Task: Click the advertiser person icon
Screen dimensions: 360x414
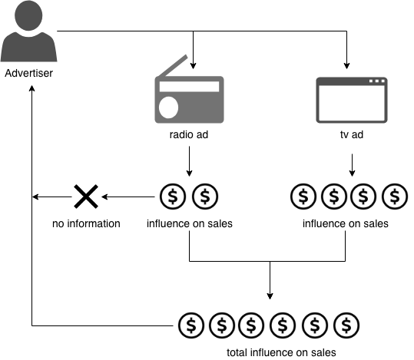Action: click(x=30, y=35)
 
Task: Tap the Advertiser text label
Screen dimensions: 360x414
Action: click(x=30, y=74)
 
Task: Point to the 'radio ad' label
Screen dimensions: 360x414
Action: click(x=189, y=136)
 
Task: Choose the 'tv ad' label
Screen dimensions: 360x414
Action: click(x=351, y=136)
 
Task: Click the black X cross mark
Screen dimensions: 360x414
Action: click(x=84, y=197)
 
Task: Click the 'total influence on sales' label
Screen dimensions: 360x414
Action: click(x=270, y=352)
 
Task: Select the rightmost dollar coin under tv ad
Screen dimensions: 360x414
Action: click(x=395, y=197)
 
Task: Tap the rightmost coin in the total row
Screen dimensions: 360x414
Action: click(x=349, y=325)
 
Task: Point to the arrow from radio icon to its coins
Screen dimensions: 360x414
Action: click(x=190, y=161)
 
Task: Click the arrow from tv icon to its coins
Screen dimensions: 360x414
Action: click(x=351, y=165)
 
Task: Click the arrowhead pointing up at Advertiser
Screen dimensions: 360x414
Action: click(x=31, y=88)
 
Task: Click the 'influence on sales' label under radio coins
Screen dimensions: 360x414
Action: click(x=189, y=224)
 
